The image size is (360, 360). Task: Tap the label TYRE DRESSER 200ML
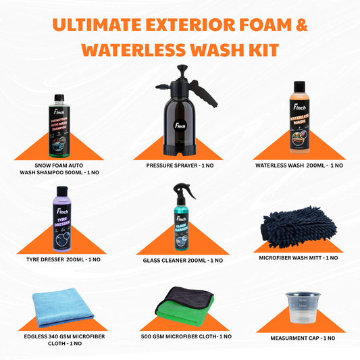[x=61, y=259]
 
